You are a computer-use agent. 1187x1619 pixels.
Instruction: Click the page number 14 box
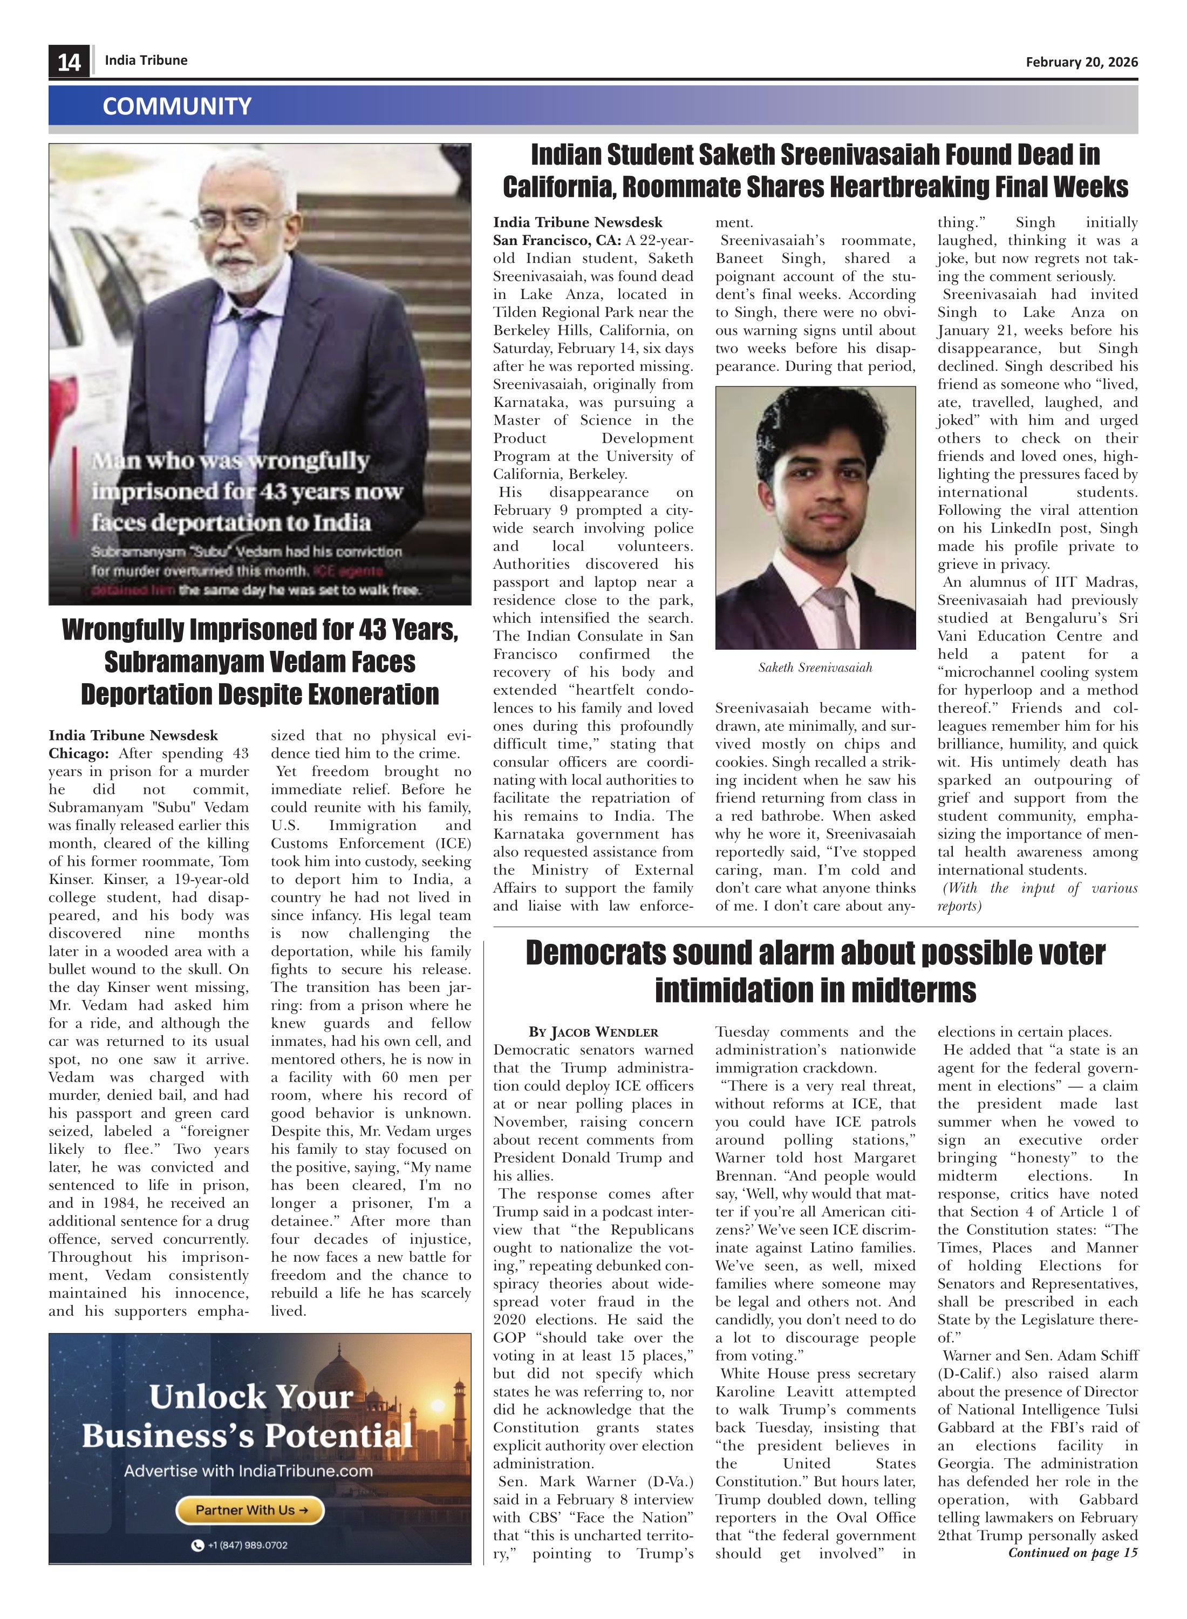[x=69, y=62]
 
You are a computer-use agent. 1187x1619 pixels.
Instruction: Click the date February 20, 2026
[x=1081, y=62]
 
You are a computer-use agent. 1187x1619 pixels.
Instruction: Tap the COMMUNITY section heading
[x=177, y=106]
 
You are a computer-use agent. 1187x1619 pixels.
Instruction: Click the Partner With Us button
[x=250, y=1510]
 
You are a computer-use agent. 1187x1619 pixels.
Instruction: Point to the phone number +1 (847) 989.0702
[x=240, y=1545]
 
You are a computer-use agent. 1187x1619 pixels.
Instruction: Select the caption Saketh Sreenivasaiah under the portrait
[x=815, y=668]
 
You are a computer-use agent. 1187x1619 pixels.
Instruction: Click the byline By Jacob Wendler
[x=593, y=1032]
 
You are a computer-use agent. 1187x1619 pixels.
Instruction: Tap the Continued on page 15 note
[x=1072, y=1553]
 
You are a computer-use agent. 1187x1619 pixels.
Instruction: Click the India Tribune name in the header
[x=146, y=60]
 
